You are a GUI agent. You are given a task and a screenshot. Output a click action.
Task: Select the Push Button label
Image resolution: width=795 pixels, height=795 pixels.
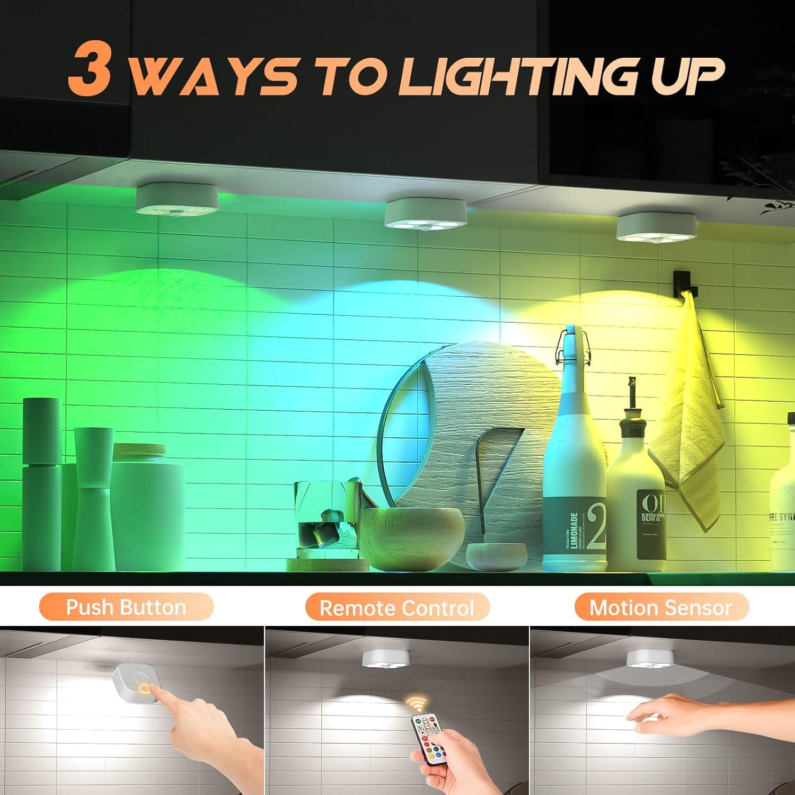coord(126,607)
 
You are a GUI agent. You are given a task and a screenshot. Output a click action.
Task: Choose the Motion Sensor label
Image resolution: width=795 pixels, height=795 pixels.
coord(661,607)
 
